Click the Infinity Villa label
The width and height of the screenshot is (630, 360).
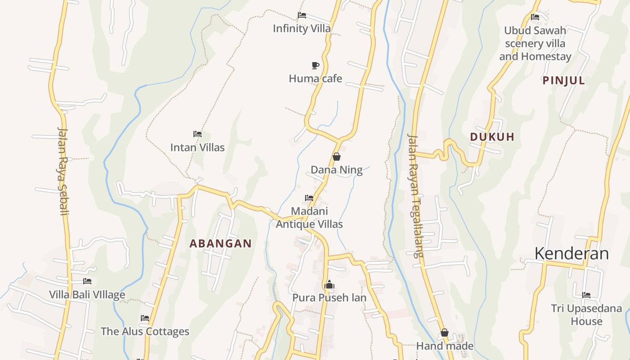[x=301, y=28]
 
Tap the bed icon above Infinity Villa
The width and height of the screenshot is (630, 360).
[x=302, y=15]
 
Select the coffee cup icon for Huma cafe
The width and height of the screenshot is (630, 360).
[x=315, y=65]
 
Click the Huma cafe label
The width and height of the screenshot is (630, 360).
[x=315, y=79]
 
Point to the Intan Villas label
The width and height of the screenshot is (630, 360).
[x=197, y=147]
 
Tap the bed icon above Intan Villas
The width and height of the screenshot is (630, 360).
[x=197, y=134]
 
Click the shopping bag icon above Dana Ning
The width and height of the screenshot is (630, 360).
[x=336, y=157]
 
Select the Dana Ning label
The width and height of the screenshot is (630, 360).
[x=337, y=170]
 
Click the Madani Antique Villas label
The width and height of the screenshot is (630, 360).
[x=309, y=217]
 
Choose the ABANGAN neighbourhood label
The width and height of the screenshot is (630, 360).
[x=220, y=243]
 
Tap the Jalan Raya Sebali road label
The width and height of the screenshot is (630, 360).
[x=63, y=171]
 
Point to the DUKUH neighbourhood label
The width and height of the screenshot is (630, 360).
[x=492, y=137]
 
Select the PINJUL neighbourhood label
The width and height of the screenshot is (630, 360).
[x=564, y=81]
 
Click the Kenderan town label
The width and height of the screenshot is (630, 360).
[x=571, y=253]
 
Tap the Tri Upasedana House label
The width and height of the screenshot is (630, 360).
[x=586, y=315]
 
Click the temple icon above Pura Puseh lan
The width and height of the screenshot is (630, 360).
[x=329, y=284]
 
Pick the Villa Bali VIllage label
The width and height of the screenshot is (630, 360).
[x=87, y=295]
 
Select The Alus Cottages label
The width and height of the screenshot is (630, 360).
[x=145, y=332]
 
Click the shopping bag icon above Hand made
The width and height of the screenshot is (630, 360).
[x=445, y=333]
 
